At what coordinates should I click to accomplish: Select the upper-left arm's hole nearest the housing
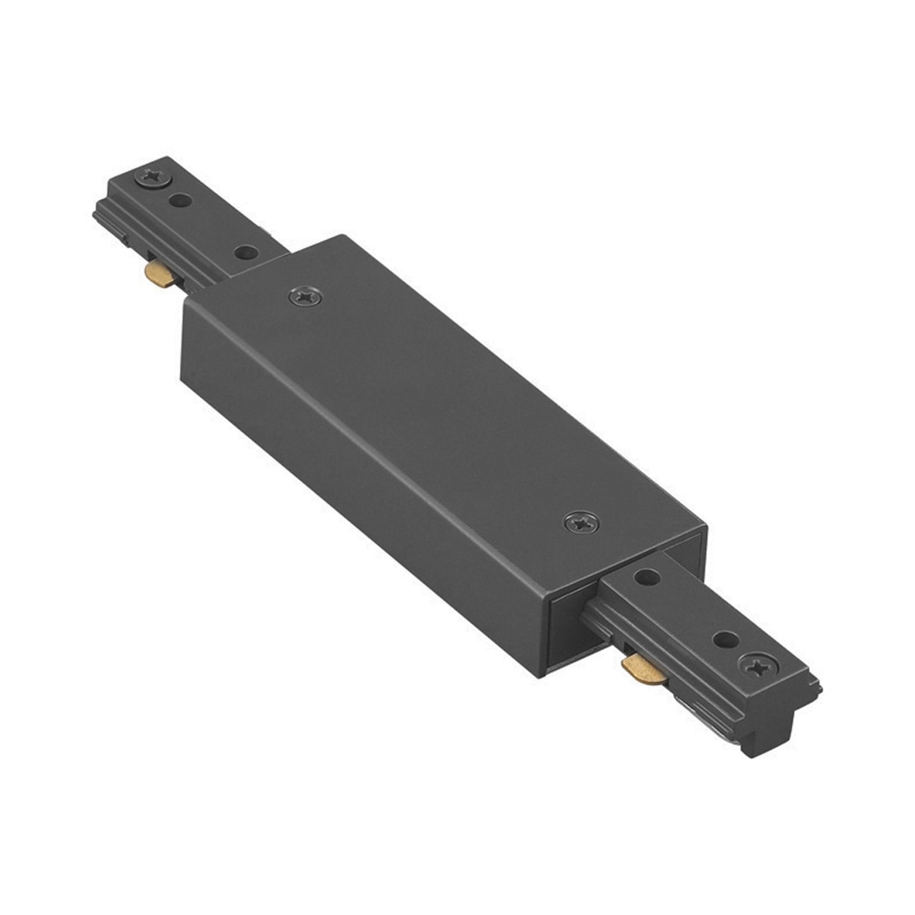tap(247, 253)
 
